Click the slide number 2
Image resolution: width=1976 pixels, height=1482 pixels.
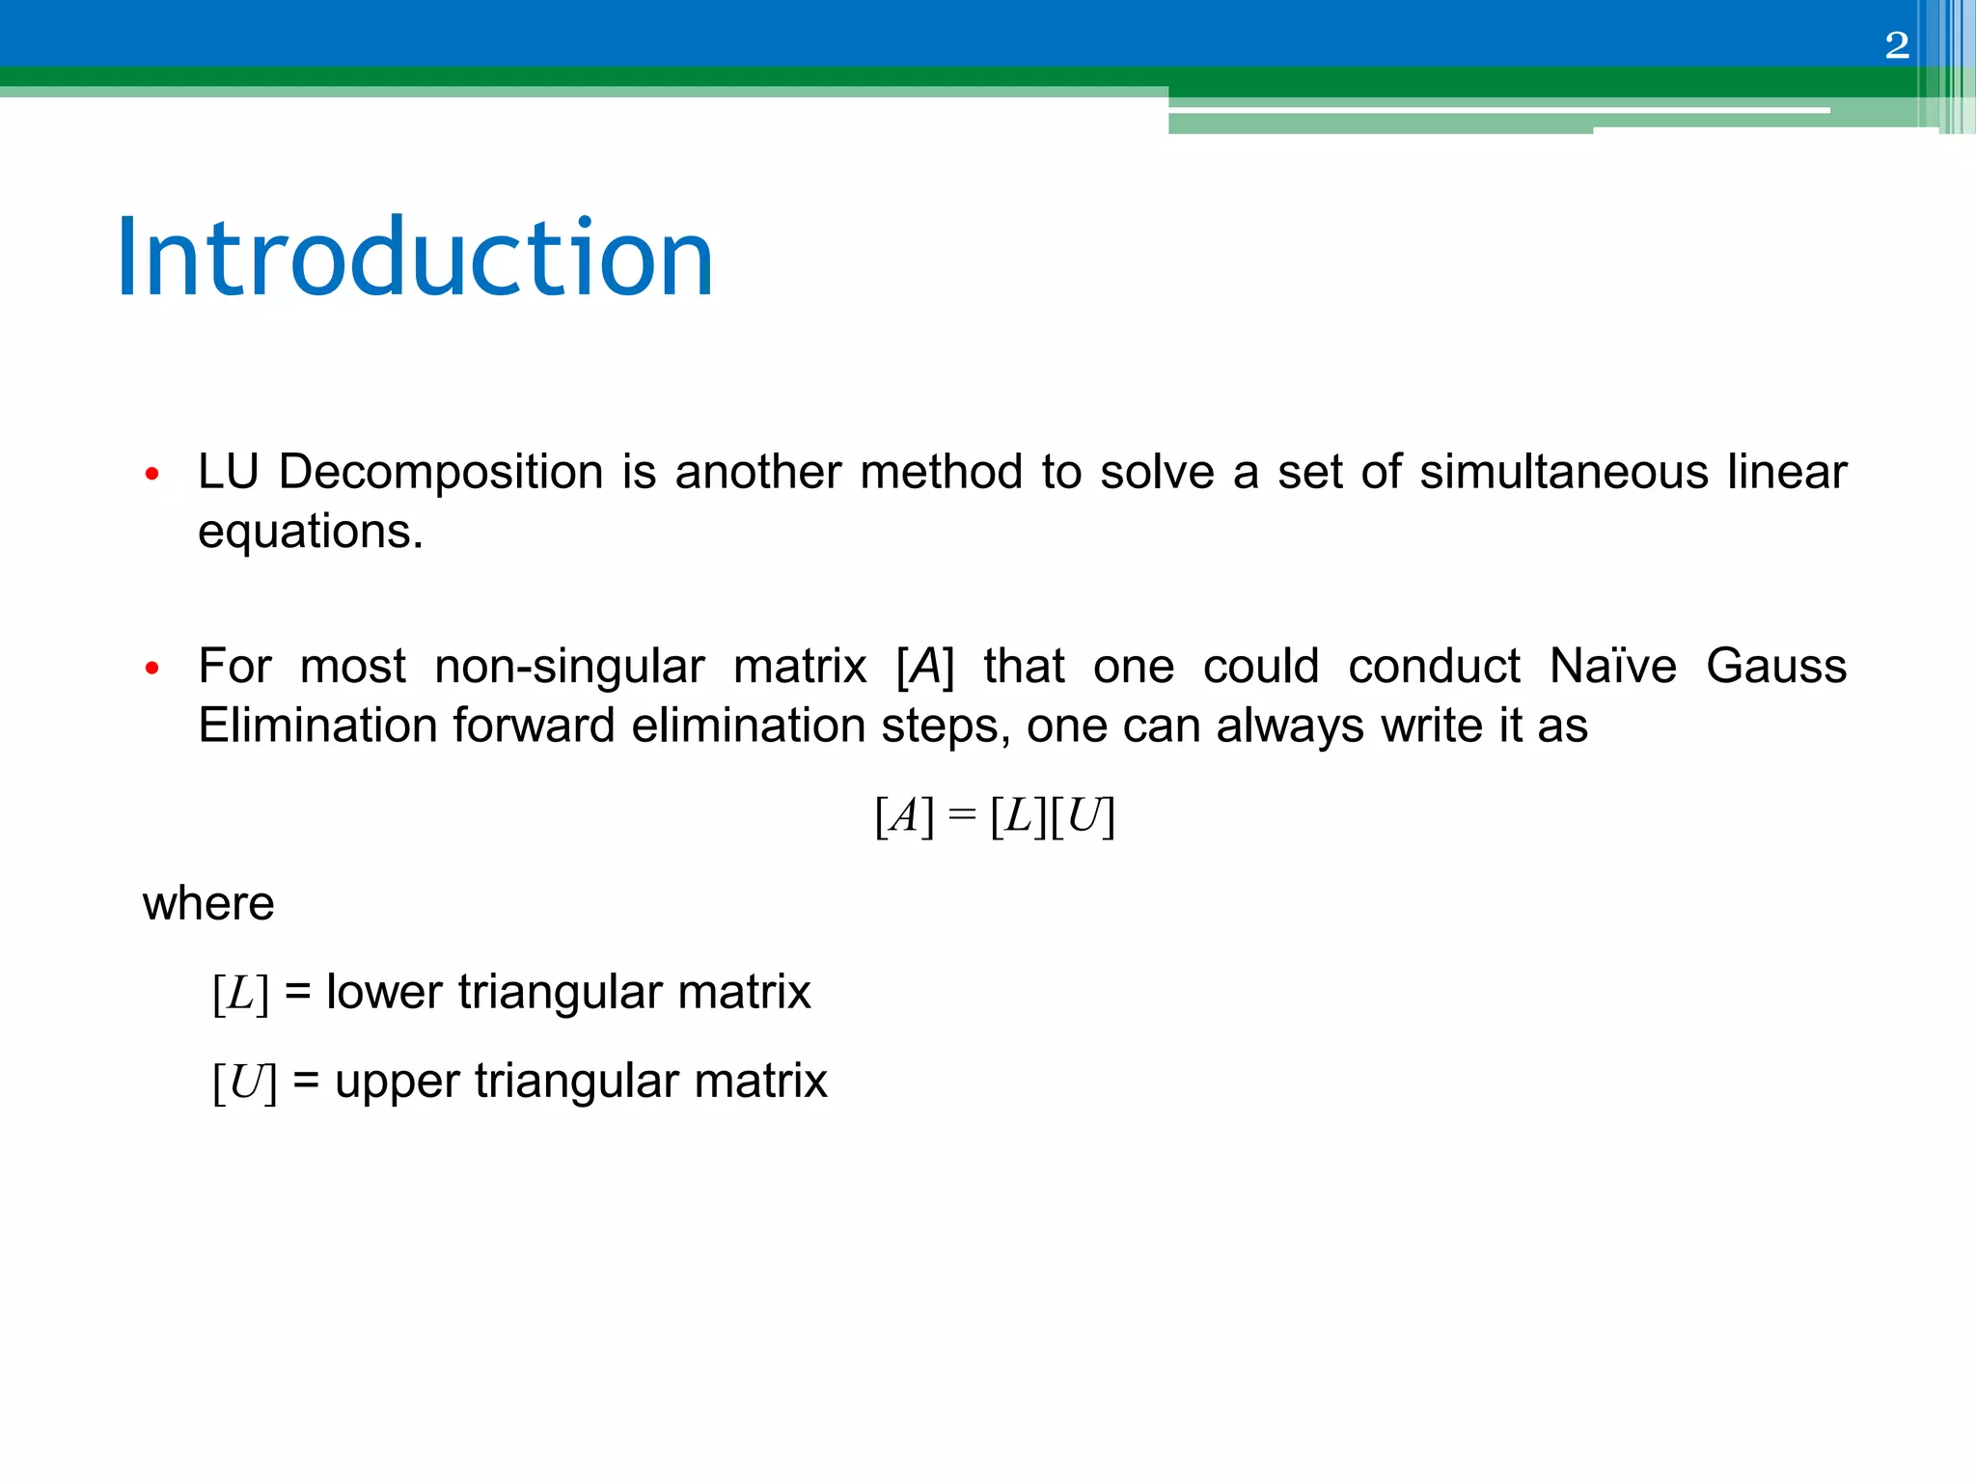pyautogui.click(x=1896, y=45)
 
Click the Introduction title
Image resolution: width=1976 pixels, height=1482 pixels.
pyautogui.click(x=415, y=259)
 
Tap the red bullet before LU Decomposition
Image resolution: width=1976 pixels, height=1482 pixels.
pyautogui.click(x=151, y=474)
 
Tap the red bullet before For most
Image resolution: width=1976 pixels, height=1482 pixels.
pyautogui.click(x=151, y=668)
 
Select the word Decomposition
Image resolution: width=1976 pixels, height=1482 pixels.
pyautogui.click(x=440, y=473)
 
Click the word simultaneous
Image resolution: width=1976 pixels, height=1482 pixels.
pyautogui.click(x=1563, y=473)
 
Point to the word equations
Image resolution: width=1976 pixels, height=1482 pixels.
pyautogui.click(x=310, y=532)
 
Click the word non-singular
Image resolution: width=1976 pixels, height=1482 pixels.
pyautogui.click(x=569, y=667)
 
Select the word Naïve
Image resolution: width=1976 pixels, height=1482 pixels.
pyautogui.click(x=1612, y=667)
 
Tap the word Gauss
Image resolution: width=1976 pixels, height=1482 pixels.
pyautogui.click(x=1775, y=667)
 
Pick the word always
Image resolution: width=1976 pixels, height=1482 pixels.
pyautogui.click(x=1289, y=726)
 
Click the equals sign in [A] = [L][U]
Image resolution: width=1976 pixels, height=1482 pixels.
pyautogui.click(x=961, y=816)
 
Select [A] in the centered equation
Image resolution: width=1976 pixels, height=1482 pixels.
pyautogui.click(x=904, y=816)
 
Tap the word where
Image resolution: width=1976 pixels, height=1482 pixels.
pyautogui.click(x=208, y=904)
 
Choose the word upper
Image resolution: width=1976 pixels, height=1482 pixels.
pyautogui.click(x=397, y=1082)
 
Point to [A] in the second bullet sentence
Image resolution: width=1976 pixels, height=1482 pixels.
pyautogui.click(x=924, y=667)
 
